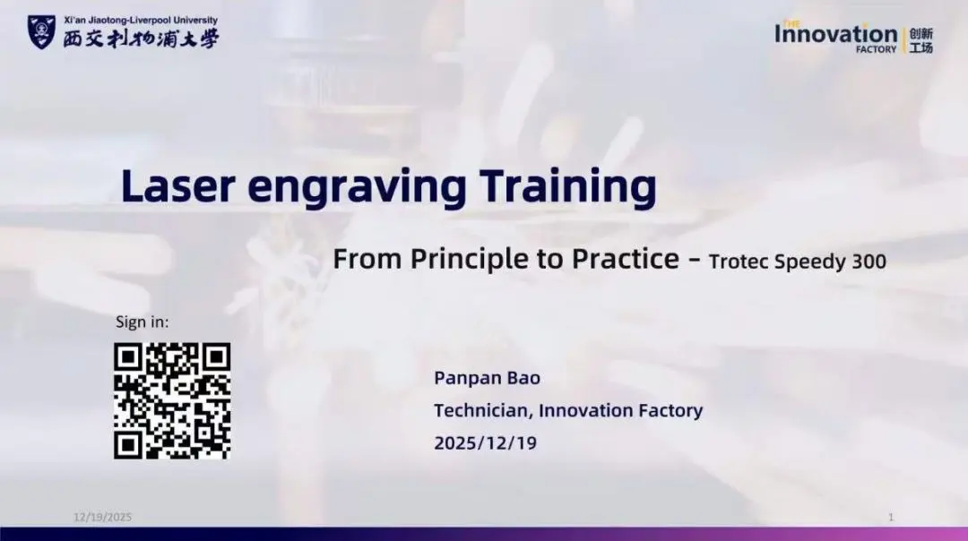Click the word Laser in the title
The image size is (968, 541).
coord(178,185)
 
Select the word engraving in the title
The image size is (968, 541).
coord(357,189)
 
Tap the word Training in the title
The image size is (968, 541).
coord(567,187)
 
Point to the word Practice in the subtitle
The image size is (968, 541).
coord(626,259)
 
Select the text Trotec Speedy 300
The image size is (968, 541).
coord(797,262)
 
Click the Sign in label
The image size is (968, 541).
coord(142,322)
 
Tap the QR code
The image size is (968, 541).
coord(172,401)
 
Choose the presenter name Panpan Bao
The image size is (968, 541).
coord(487,378)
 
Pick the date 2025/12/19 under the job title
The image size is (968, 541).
coord(485,442)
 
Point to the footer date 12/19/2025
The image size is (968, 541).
coord(102,517)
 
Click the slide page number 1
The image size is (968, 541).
coord(891,517)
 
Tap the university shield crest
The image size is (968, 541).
coord(41,32)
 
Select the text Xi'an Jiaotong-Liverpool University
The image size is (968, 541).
coord(141,21)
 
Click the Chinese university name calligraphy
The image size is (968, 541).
coord(141,39)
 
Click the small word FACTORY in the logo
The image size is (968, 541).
coord(876,49)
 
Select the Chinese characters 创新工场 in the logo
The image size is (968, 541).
coord(921,40)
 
